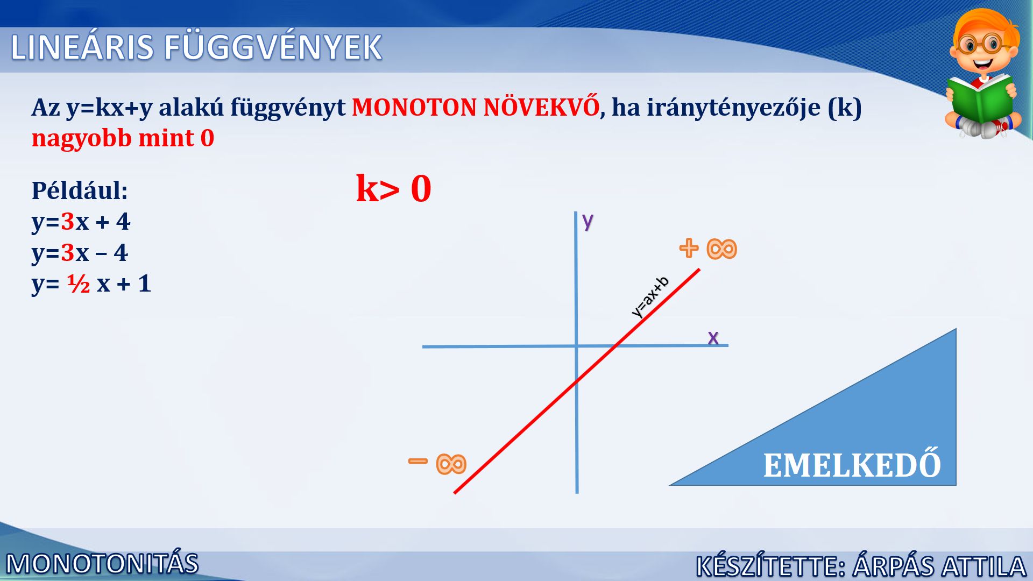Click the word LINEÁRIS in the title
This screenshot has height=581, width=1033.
pos(82,47)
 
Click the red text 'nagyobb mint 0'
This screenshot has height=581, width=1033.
pos(123,138)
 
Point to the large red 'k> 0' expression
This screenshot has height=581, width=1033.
pos(394,188)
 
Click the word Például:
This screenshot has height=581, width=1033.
pos(80,190)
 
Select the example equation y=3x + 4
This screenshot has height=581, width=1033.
pos(81,221)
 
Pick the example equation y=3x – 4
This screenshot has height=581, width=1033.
pos(80,252)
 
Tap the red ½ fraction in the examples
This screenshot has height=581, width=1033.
pos(79,284)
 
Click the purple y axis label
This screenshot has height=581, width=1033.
pos(588,221)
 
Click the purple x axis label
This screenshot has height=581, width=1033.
pos(713,337)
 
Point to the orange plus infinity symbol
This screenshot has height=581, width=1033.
pos(708,249)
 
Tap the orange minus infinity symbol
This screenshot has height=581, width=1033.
pos(437,463)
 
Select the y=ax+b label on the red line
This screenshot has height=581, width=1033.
pos(650,296)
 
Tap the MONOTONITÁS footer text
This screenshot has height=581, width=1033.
pos(102,564)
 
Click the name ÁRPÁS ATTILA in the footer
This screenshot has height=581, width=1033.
pos(939,566)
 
